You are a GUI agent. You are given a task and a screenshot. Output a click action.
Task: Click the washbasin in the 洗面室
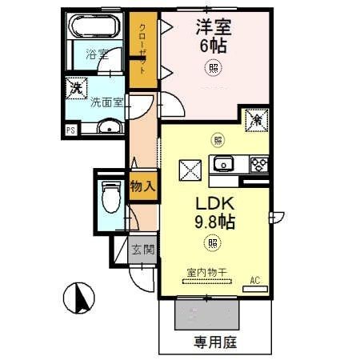pos(111,126)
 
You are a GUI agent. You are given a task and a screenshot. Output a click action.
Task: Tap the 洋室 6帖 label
pos(212,36)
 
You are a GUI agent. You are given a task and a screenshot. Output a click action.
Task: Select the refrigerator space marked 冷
pos(255,120)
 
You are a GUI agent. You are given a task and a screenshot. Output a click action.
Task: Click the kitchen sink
pos(222,166)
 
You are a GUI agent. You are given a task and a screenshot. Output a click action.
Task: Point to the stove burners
pos(259,166)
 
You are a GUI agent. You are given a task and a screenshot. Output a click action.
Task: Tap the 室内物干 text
pos(207,272)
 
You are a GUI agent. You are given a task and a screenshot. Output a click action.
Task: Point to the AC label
pos(256,280)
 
